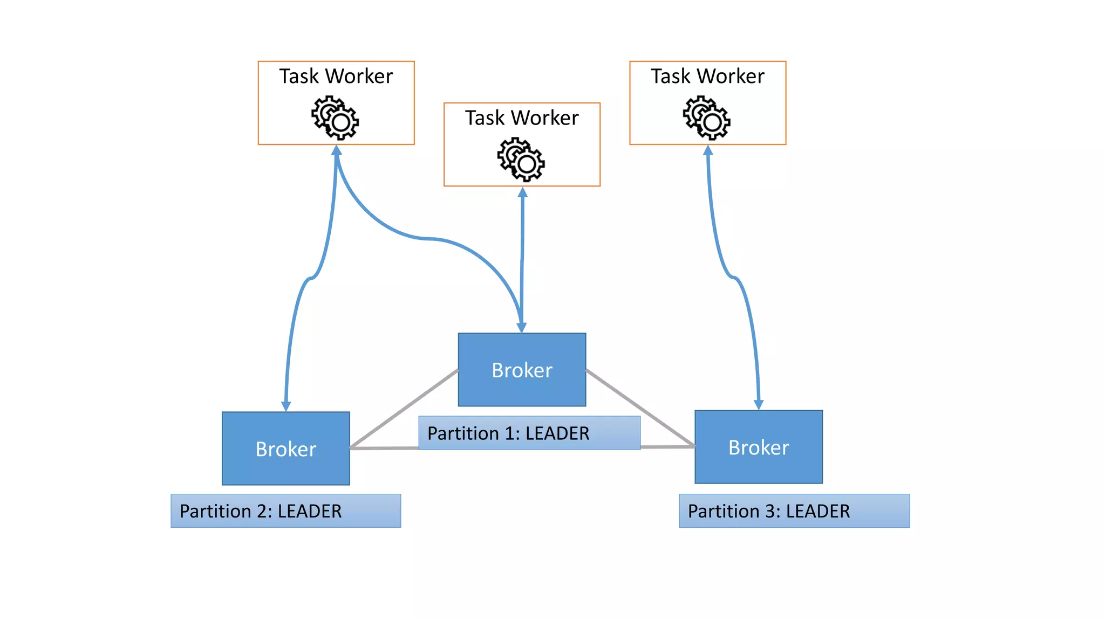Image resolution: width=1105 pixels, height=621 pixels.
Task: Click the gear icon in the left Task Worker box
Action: coord(335,118)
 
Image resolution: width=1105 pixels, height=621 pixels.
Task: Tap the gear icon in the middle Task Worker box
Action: coord(521,159)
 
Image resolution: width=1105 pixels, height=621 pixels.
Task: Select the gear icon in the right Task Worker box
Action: coord(707,118)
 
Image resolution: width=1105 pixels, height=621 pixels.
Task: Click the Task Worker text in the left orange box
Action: coord(336,76)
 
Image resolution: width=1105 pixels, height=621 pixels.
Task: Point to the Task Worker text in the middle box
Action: coord(522,118)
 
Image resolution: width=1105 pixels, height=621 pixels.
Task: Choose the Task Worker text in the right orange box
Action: coord(707,76)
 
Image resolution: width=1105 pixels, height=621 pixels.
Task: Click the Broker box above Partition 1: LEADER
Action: coord(522,370)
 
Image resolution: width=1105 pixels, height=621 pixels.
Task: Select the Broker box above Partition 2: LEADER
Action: coord(285,448)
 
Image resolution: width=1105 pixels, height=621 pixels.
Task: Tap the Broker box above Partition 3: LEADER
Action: coord(758,447)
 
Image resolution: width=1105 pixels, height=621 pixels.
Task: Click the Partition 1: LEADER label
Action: coord(508,433)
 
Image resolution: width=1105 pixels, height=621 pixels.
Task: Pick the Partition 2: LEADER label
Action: coord(261,510)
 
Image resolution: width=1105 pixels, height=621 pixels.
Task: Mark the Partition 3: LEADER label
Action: coord(769,510)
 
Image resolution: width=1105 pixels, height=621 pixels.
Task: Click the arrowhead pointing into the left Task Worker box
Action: coord(336,150)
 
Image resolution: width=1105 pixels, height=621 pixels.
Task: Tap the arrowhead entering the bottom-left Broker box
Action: coord(286,406)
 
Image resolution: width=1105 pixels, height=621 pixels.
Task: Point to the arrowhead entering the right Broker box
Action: coord(759,405)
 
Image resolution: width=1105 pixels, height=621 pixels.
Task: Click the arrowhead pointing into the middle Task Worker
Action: coord(522,192)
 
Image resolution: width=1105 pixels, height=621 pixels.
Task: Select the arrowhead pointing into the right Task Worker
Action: coord(708,150)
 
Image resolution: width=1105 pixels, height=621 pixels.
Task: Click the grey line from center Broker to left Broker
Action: coord(405,408)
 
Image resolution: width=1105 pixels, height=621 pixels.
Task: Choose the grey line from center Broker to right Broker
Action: coord(639,408)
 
